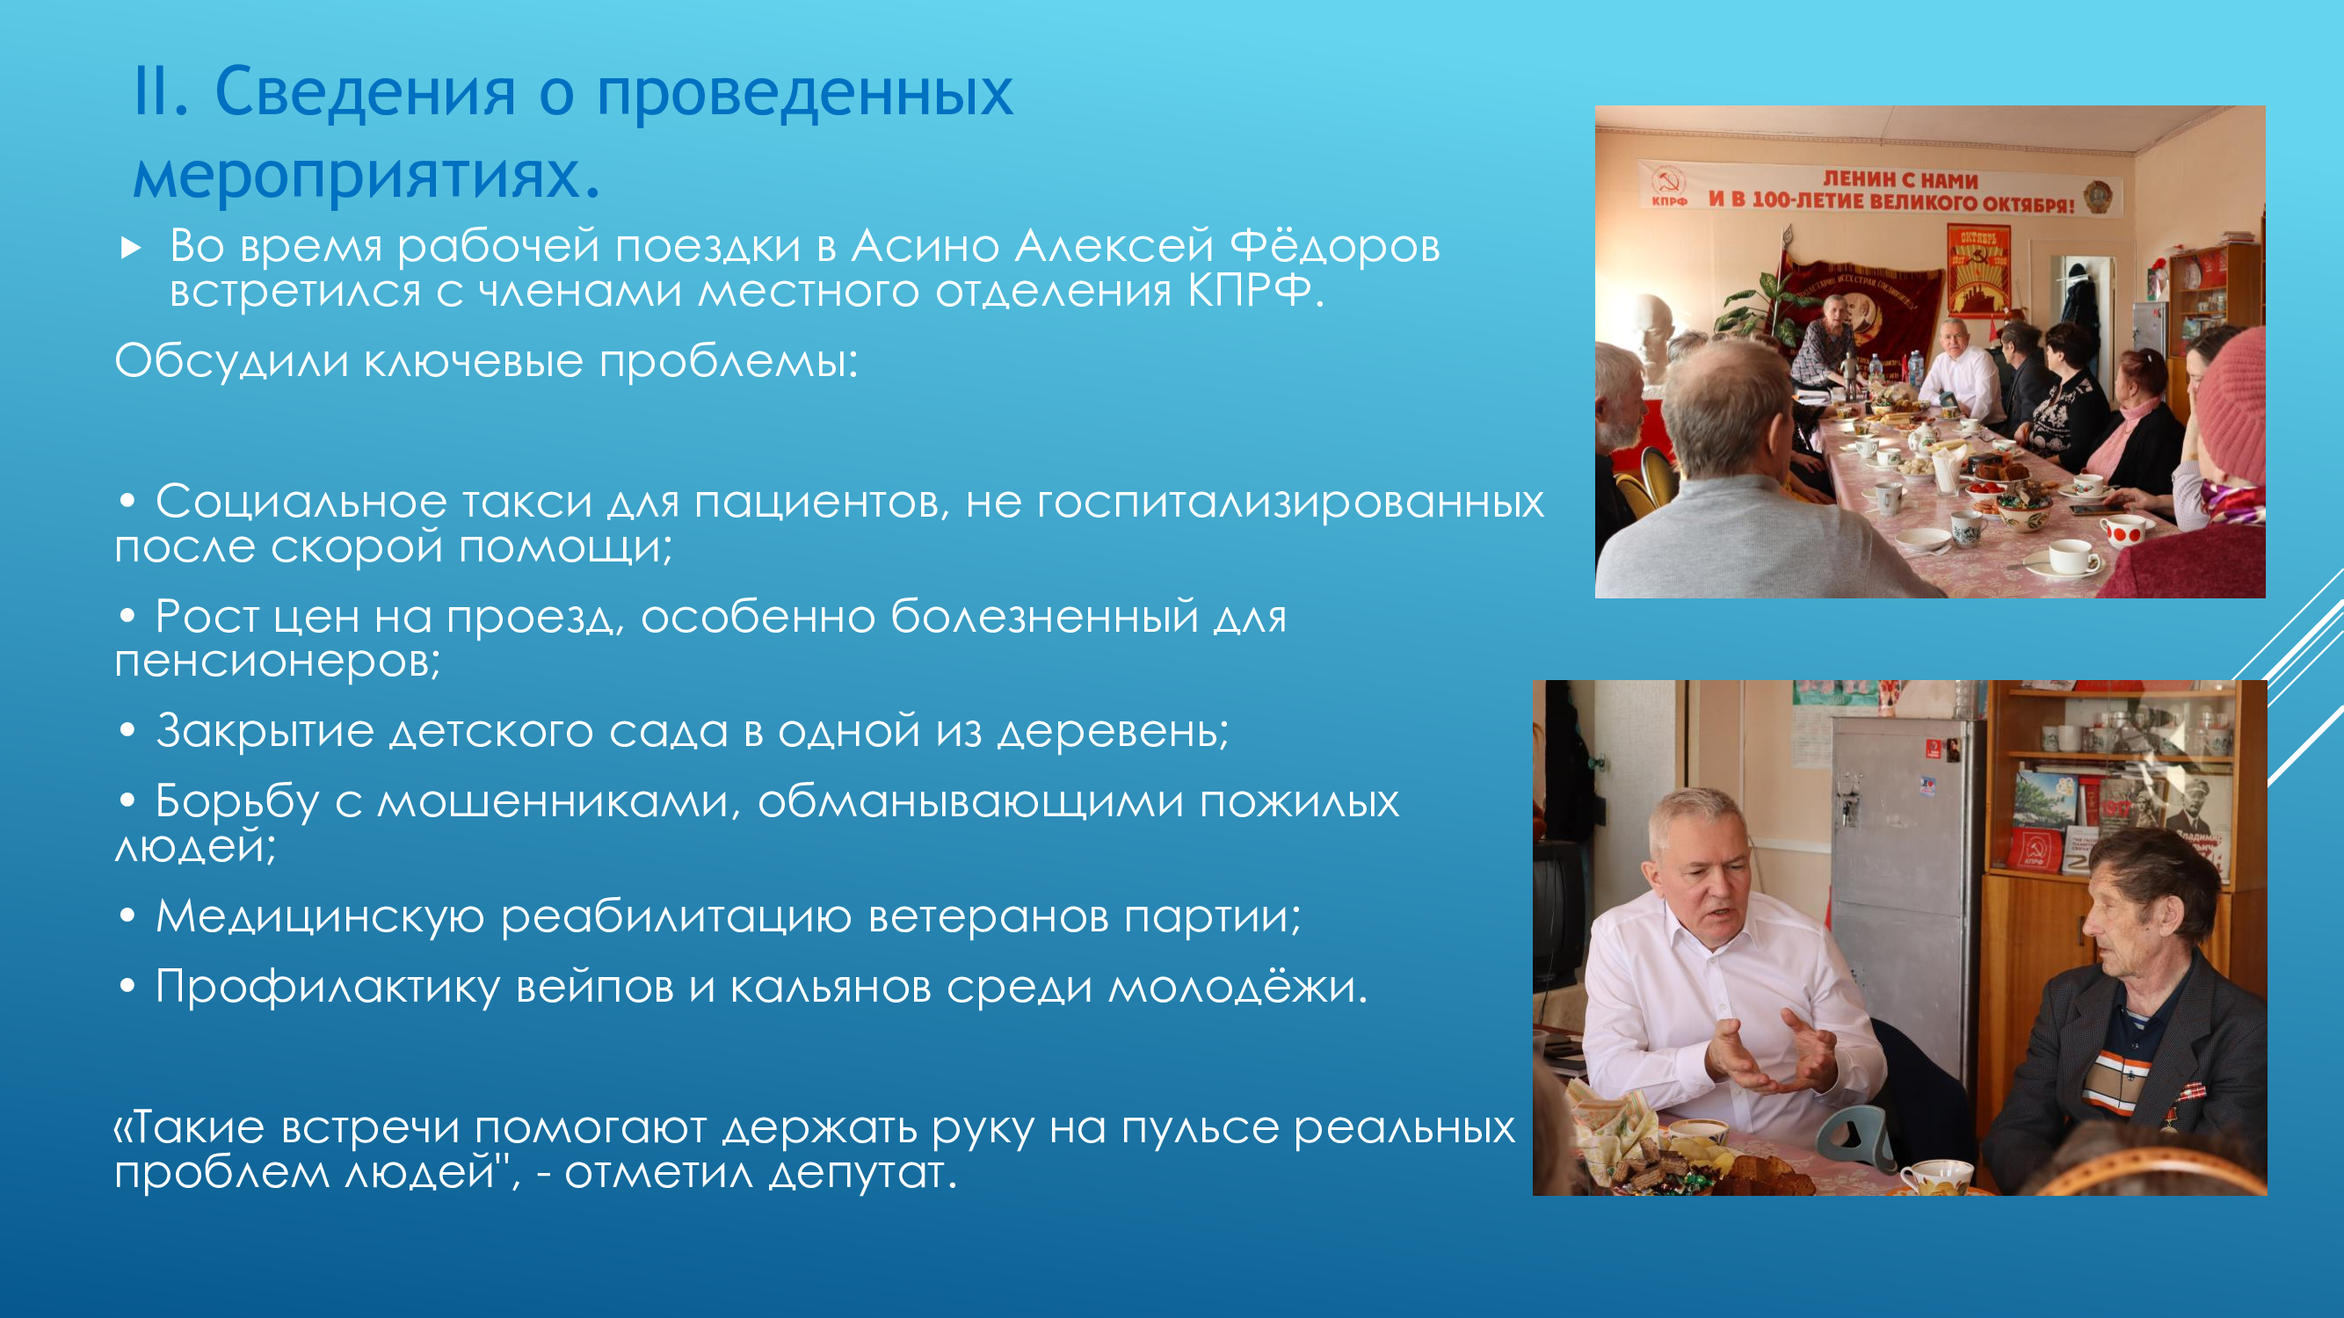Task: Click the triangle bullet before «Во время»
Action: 131,248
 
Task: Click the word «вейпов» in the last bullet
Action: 594,987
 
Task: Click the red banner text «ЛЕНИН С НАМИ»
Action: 1900,180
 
